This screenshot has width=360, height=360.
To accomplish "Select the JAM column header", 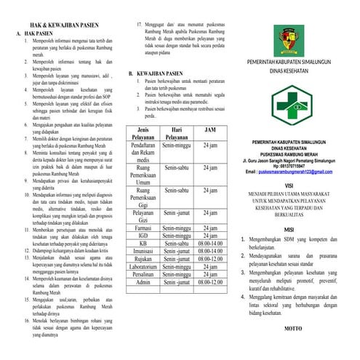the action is coord(210,129).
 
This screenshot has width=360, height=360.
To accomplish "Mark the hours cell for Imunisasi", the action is coord(210,251).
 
